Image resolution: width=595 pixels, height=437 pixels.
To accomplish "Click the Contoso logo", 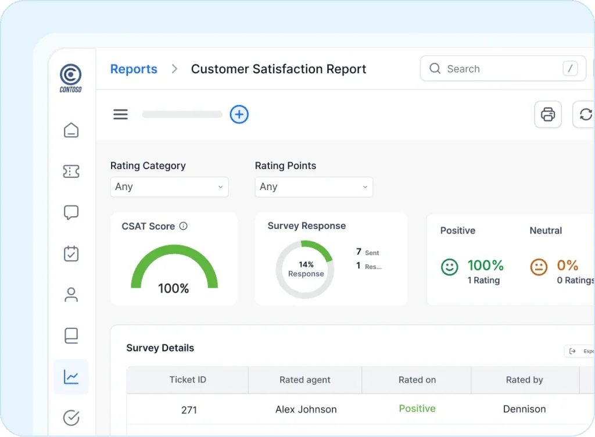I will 71,77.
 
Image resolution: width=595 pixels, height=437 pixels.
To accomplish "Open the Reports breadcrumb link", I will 134,69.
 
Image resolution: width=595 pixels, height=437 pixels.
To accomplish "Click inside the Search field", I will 494,69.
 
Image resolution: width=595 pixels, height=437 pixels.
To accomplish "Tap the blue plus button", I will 239,114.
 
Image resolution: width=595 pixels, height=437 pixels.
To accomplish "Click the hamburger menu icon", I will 120,114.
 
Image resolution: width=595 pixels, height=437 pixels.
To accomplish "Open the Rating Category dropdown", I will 169,187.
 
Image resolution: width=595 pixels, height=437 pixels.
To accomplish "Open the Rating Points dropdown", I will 314,187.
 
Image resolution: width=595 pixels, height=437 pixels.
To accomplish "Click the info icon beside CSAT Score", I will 184,226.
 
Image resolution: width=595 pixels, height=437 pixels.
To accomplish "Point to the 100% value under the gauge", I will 174,288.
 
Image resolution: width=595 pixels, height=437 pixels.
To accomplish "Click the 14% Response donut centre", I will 306,269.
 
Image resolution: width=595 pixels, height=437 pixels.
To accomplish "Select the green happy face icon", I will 449,267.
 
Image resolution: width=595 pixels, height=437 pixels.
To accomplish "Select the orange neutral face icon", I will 539,267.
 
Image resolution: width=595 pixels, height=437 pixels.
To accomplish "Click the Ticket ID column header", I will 188,380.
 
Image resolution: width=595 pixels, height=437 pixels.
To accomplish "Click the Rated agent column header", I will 304,380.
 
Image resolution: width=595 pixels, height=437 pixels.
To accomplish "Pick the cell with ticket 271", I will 189,410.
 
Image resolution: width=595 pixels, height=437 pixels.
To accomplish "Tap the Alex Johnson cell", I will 306,410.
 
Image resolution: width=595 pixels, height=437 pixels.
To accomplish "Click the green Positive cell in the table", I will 417,409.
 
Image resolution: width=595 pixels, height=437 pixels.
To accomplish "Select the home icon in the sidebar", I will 71,130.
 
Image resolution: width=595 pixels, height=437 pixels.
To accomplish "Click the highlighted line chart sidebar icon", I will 71,377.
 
